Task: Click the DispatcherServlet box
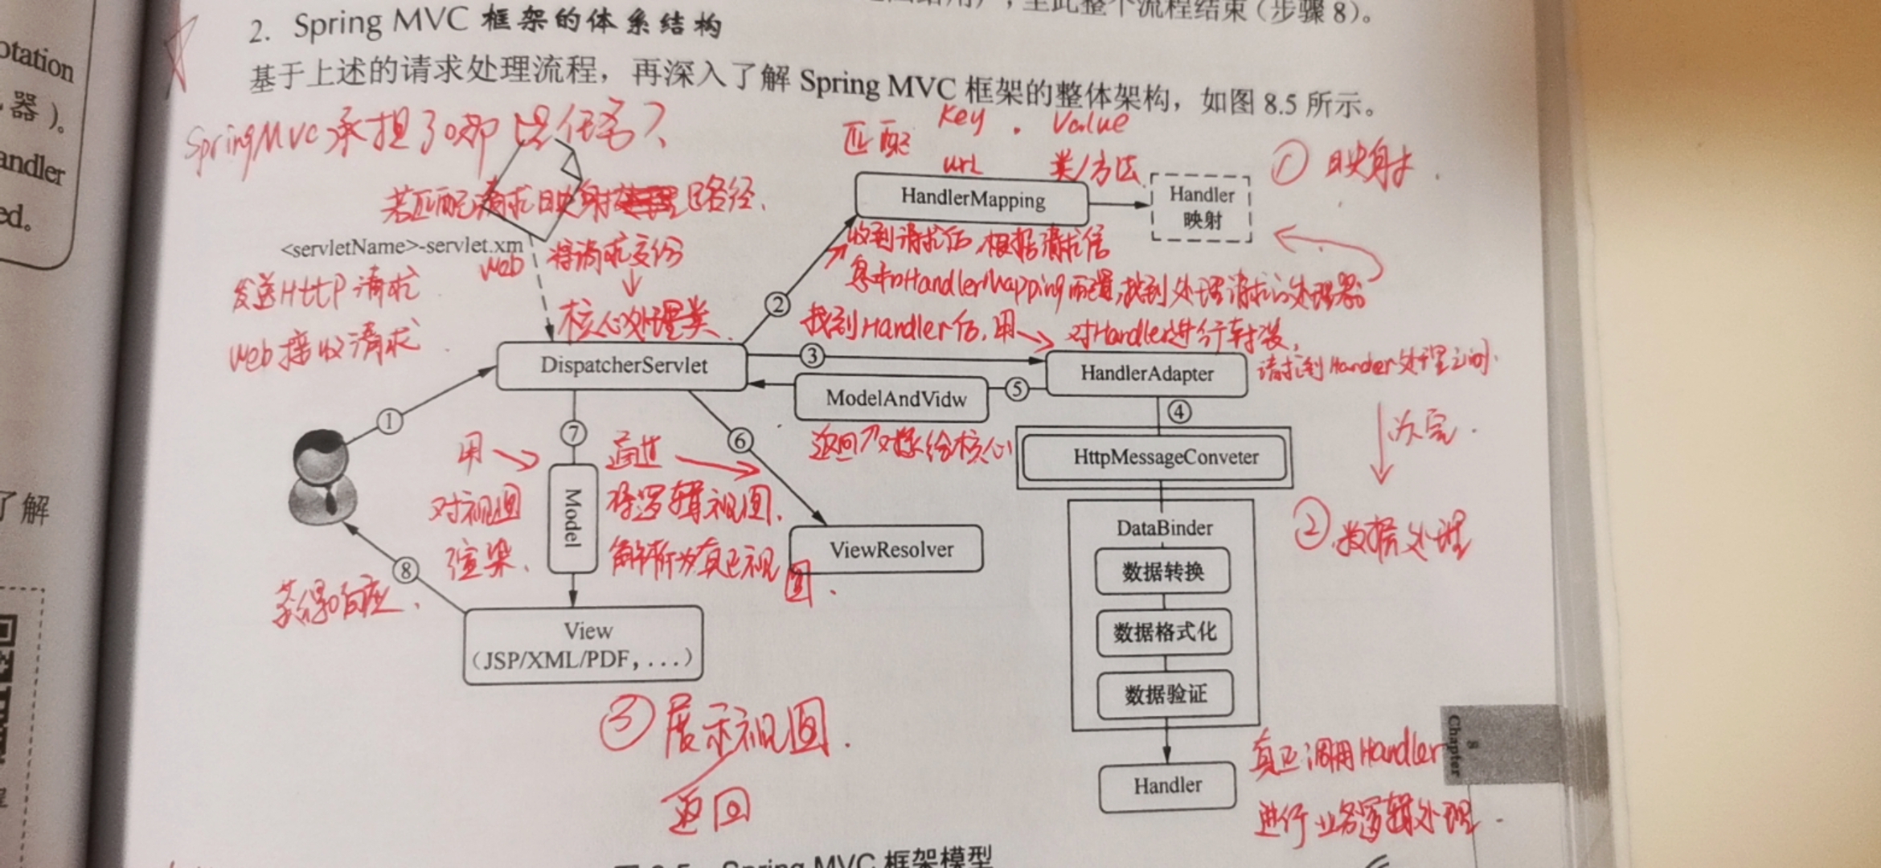tap(622, 366)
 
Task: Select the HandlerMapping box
tap(972, 198)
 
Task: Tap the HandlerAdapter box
tap(1146, 374)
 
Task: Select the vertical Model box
tap(572, 518)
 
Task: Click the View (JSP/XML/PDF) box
tap(584, 645)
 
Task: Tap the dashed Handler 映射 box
tap(1201, 207)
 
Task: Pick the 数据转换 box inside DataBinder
tap(1162, 571)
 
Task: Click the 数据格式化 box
tap(1164, 633)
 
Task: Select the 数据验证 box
tap(1166, 694)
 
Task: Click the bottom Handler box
tap(1167, 786)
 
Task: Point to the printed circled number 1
tap(389, 421)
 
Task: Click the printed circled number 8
tap(406, 571)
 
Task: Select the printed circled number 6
tap(740, 440)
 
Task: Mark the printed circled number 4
tap(1178, 412)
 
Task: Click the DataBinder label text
tap(1164, 528)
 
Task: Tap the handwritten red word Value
tap(1089, 122)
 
